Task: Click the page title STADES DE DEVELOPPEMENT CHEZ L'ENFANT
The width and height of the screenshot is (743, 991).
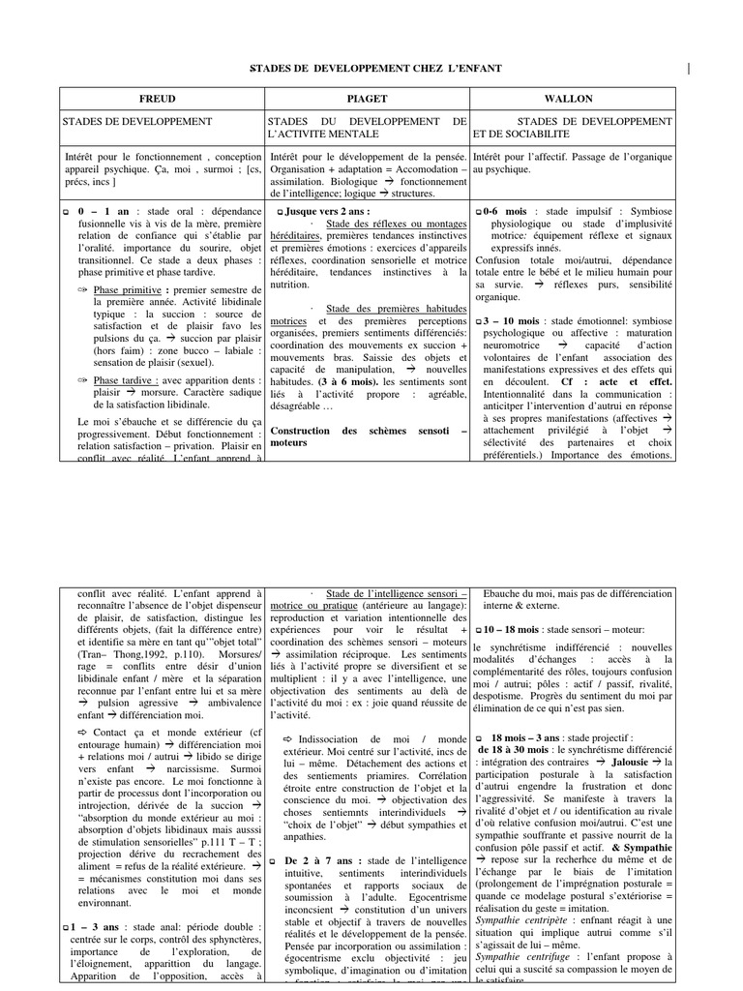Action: click(x=375, y=68)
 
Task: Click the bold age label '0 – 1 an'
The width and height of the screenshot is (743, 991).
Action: click(x=95, y=211)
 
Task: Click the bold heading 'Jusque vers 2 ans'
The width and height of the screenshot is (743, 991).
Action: click(x=326, y=211)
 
